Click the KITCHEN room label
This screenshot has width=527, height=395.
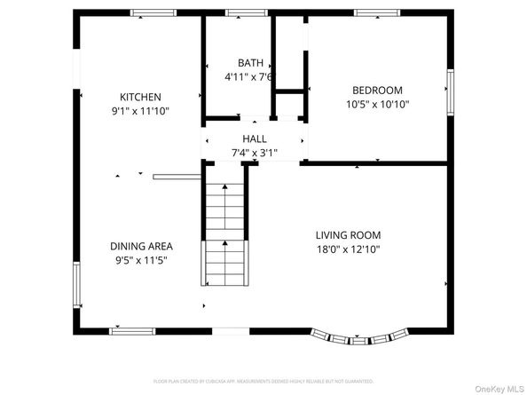point(140,97)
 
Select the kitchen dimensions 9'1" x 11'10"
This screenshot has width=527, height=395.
point(140,111)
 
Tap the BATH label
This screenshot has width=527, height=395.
point(250,63)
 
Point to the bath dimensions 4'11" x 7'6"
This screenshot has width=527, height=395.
point(249,77)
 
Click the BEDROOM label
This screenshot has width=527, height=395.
point(377,90)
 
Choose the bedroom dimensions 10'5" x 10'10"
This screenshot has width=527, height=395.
point(377,104)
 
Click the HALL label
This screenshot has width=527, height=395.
point(255,138)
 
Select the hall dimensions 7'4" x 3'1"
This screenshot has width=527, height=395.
point(255,153)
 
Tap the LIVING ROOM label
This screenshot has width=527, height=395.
point(348,235)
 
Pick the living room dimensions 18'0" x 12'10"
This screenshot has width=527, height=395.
point(348,249)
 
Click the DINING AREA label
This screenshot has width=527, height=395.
point(141,246)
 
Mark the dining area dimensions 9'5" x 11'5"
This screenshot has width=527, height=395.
point(141,260)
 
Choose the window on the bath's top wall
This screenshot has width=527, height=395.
point(246,12)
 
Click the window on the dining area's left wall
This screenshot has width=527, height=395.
point(76,286)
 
